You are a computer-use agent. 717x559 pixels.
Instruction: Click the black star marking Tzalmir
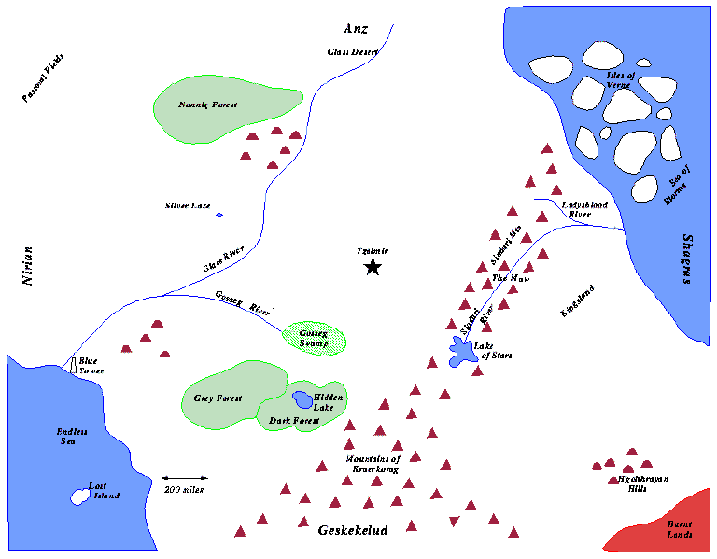(x=373, y=268)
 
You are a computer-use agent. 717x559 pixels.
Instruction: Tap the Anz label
(x=357, y=29)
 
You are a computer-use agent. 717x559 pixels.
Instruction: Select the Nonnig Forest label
(x=208, y=105)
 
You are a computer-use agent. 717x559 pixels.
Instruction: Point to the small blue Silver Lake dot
(x=219, y=215)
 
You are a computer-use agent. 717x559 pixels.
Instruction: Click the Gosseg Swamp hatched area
(x=315, y=338)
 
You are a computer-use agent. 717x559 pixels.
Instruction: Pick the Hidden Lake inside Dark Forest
(x=302, y=400)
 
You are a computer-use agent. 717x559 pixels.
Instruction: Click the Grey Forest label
(x=218, y=398)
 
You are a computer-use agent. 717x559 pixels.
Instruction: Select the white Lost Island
(x=78, y=496)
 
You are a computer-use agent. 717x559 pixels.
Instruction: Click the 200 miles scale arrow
(x=184, y=478)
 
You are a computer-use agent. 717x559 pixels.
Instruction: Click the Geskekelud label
(x=353, y=530)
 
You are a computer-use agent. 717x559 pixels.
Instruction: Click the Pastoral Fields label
(x=44, y=78)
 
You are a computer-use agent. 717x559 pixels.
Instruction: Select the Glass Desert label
(x=353, y=52)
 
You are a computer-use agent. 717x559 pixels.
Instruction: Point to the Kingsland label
(x=576, y=301)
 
